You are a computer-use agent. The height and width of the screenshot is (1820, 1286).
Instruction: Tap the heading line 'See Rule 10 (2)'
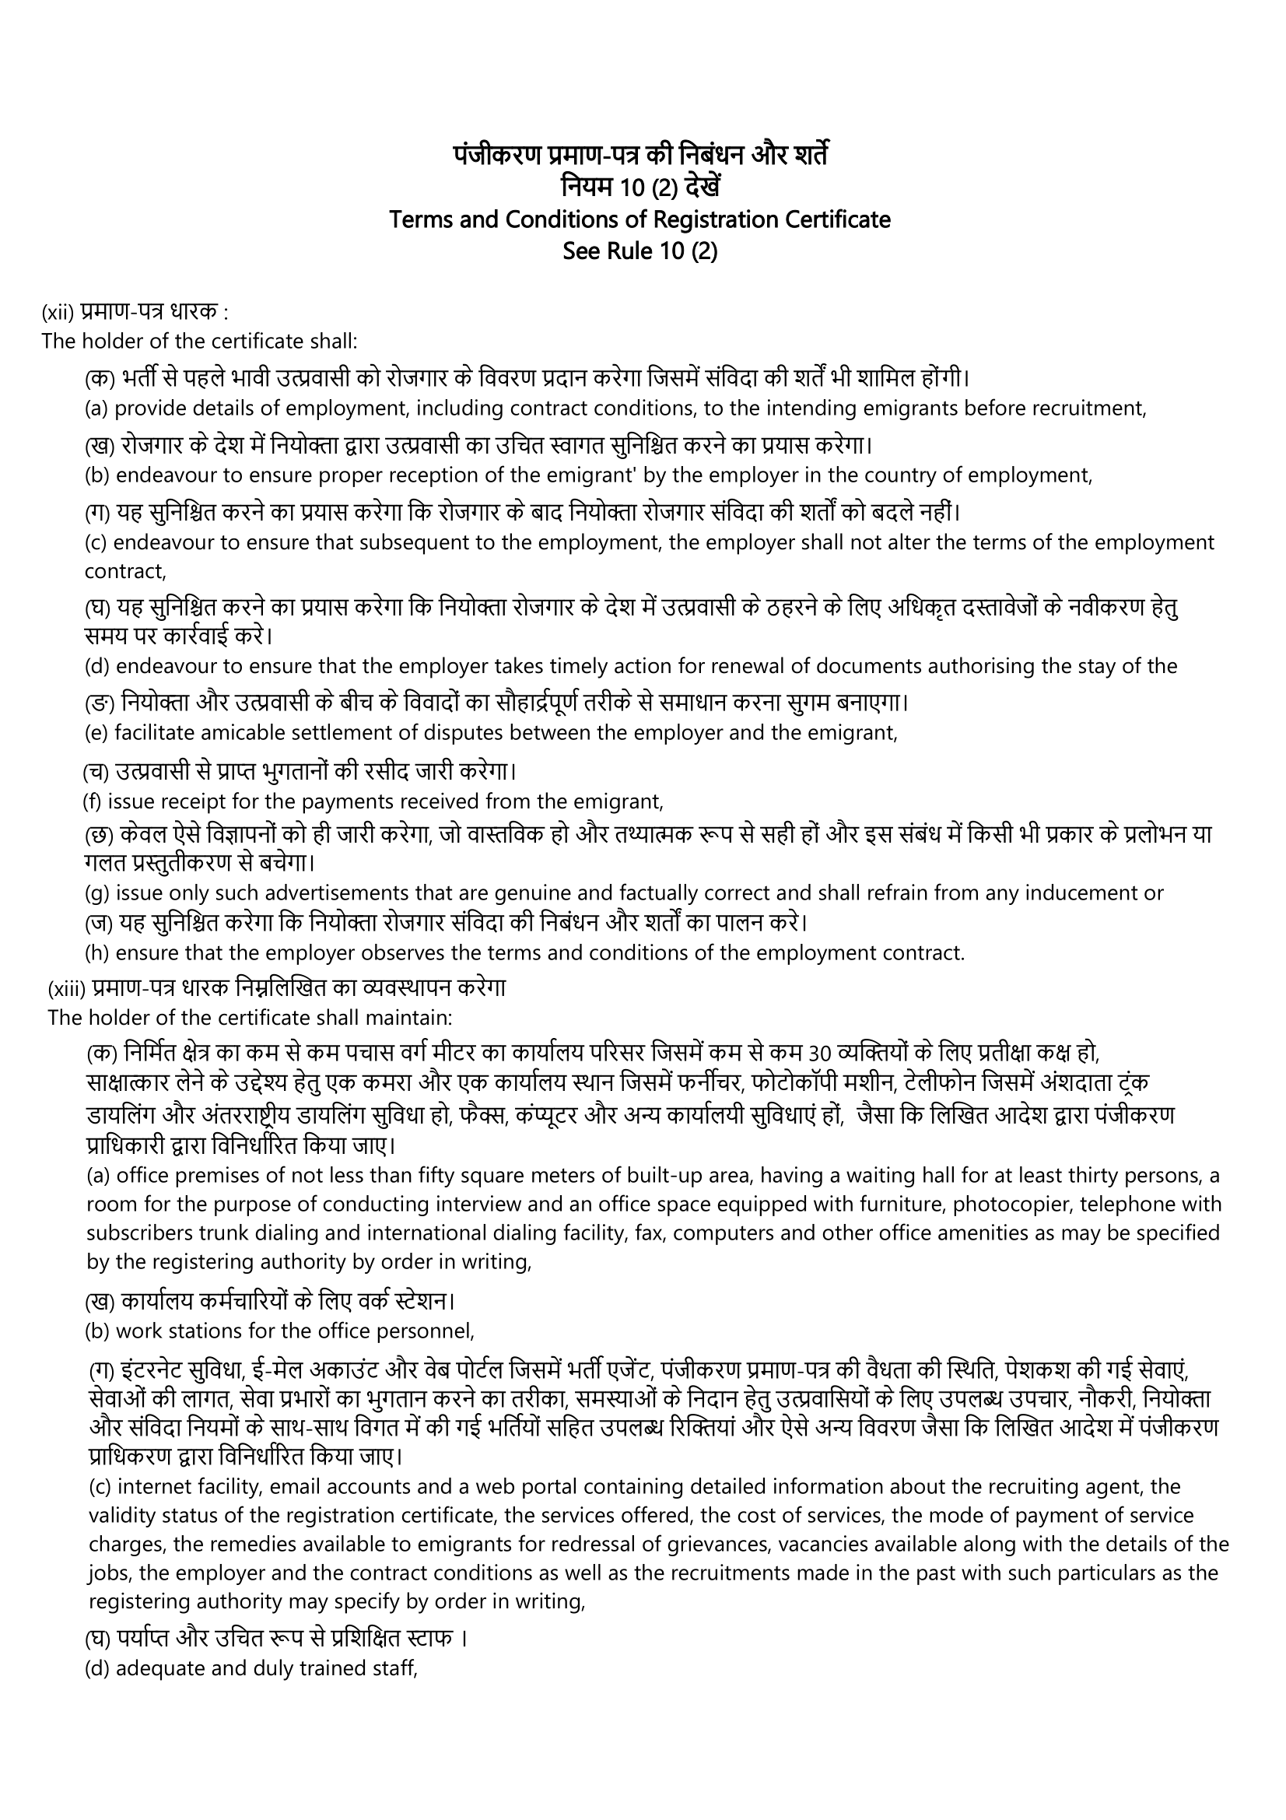pyautogui.click(x=639, y=251)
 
